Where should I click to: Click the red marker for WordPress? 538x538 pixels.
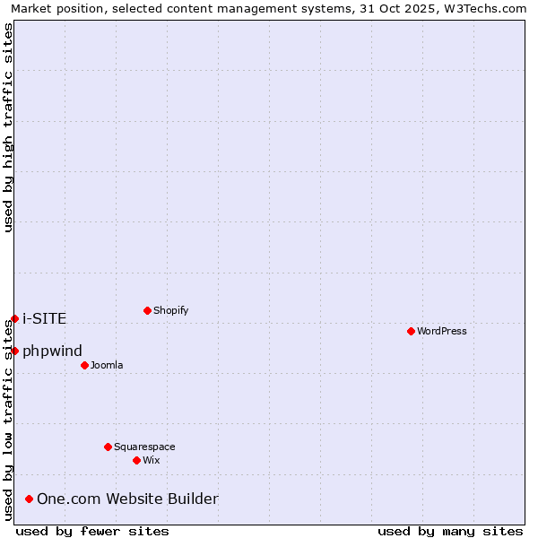click(411, 331)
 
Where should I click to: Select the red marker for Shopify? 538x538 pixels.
click(147, 310)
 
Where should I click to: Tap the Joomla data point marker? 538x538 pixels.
click(84, 365)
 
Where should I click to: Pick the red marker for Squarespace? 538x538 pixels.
click(108, 447)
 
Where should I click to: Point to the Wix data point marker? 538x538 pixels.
click(136, 460)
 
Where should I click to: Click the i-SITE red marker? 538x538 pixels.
click(14, 318)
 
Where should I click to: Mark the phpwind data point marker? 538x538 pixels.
click(14, 351)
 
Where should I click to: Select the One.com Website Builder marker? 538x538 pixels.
click(30, 499)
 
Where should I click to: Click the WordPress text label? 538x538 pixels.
click(442, 331)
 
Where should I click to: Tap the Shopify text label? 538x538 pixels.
click(170, 310)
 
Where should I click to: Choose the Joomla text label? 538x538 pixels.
click(107, 365)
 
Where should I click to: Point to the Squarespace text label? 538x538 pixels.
click(144, 447)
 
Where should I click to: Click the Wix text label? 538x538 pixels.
click(151, 460)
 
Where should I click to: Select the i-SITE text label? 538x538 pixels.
click(44, 318)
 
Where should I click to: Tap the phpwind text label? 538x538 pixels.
click(52, 351)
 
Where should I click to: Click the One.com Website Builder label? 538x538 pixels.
click(127, 499)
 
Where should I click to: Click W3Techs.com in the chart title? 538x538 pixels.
click(482, 8)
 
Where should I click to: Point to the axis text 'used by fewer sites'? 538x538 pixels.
click(92, 531)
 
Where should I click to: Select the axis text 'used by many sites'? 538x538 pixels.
click(450, 531)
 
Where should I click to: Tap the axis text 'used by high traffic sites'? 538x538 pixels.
click(8, 127)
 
